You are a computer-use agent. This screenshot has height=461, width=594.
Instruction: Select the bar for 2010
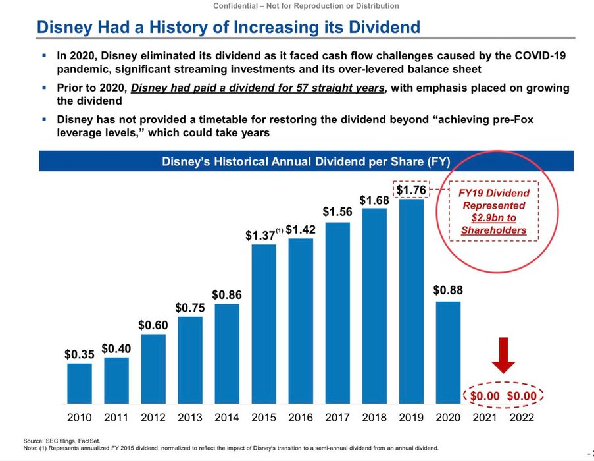[x=80, y=383]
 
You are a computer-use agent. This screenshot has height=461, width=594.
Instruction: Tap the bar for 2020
[x=448, y=352]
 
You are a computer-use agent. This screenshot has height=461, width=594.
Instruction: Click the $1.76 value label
[x=411, y=190]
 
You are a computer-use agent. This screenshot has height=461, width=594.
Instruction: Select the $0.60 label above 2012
[x=153, y=325]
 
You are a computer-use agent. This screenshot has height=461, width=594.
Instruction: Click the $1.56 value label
[x=337, y=212]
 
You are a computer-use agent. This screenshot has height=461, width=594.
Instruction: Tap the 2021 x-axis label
[x=485, y=417]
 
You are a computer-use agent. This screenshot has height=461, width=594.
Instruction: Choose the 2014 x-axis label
[x=227, y=417]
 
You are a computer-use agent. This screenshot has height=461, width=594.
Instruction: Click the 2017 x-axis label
[x=337, y=417]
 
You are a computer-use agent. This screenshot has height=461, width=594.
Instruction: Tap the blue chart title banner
[x=306, y=161]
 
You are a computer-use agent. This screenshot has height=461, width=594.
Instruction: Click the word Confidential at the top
[x=240, y=6]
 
